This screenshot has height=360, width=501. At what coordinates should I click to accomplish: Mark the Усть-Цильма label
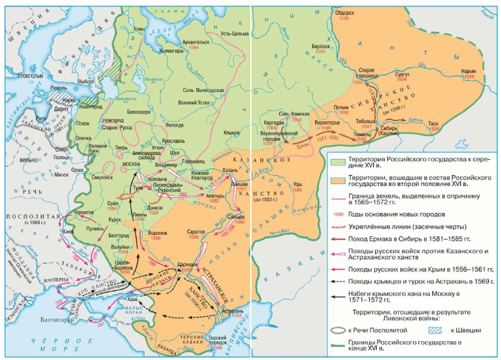point(228,25)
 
